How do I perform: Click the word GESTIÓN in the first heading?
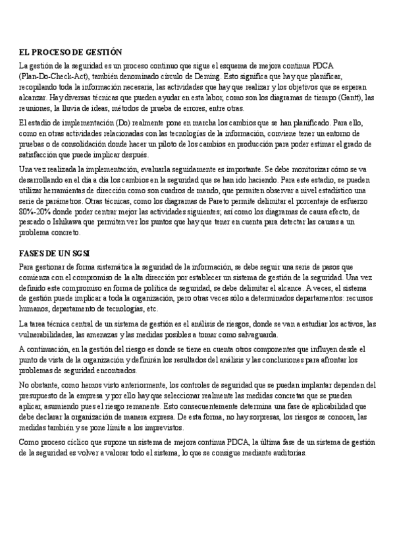point(105,51)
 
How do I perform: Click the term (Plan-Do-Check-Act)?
point(51,76)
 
